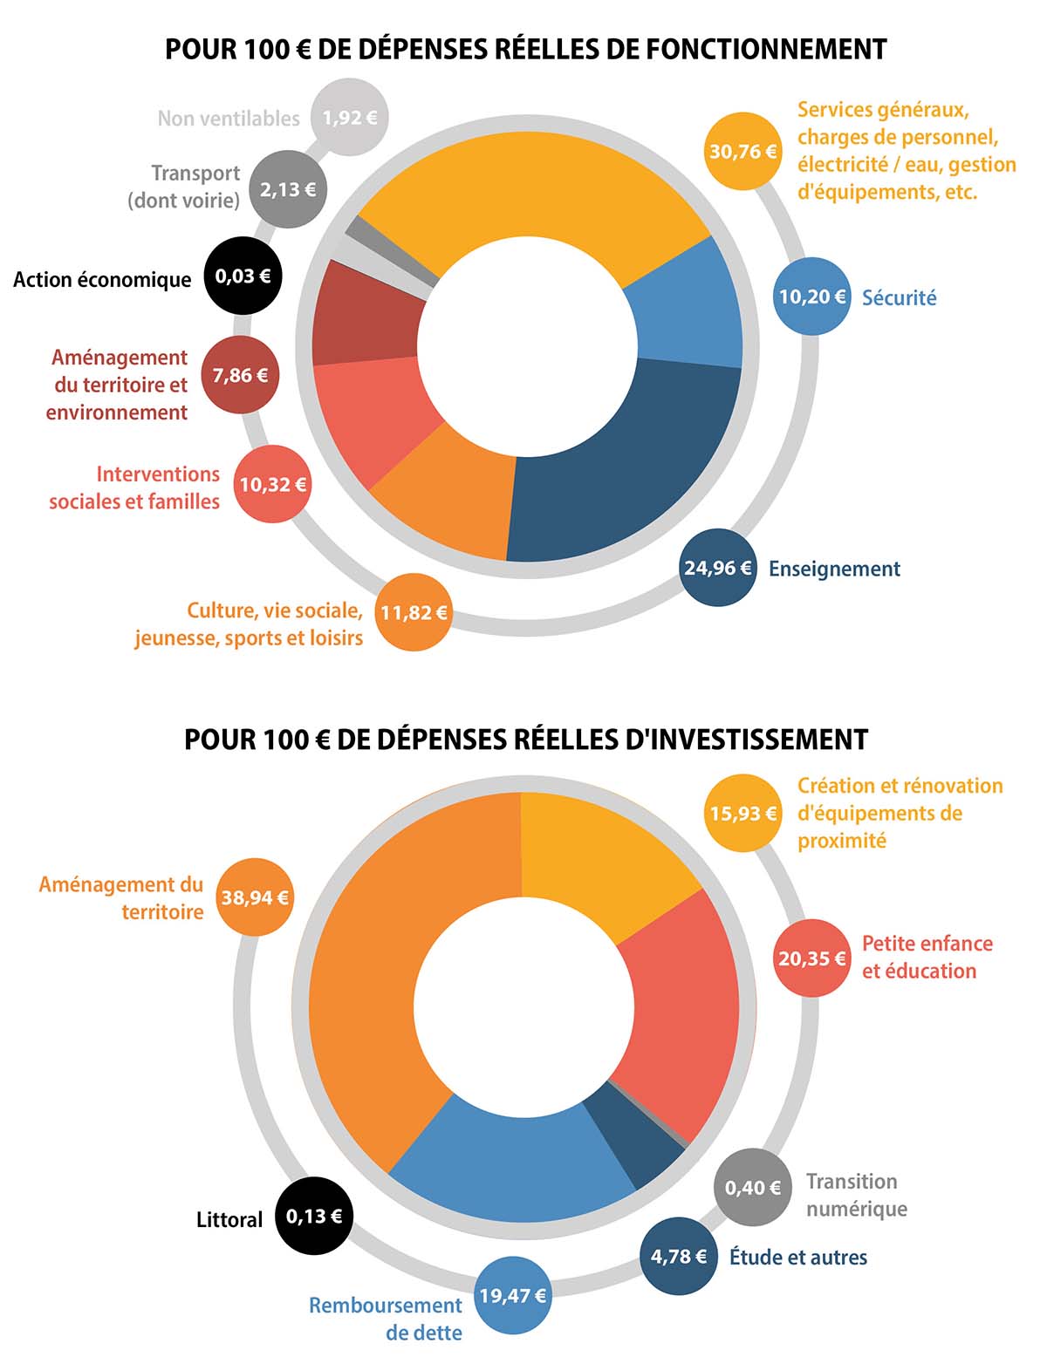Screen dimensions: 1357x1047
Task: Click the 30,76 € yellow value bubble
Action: coord(743,151)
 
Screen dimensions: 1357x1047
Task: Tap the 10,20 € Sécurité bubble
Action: coord(812,297)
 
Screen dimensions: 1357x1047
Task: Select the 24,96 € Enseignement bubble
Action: coord(718,568)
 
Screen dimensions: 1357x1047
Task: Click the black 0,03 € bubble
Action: coord(243,276)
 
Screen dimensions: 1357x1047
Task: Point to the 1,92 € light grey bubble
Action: coord(350,117)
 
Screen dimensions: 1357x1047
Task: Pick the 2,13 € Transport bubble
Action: coord(288,188)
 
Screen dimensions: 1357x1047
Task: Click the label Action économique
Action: coord(102,280)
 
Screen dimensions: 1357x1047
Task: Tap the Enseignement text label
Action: coord(834,569)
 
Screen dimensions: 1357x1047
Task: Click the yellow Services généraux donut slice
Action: coord(532,192)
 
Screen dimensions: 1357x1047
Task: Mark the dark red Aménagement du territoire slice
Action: coord(362,314)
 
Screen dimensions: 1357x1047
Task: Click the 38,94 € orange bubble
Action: coord(255,897)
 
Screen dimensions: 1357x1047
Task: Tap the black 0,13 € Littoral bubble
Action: coord(314,1216)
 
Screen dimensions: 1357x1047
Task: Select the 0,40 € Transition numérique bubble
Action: coord(753,1187)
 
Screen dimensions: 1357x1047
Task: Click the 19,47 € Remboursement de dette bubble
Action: coord(513,1295)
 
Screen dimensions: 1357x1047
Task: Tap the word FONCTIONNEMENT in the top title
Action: coord(766,49)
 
